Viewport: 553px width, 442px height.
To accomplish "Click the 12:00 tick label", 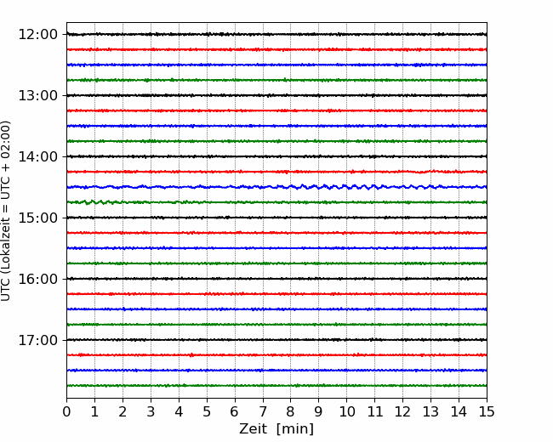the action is tap(37, 35).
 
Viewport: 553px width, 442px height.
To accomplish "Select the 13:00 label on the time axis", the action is tap(37, 95).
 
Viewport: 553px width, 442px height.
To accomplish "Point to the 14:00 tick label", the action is tap(37, 156).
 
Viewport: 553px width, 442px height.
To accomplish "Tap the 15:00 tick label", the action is tap(37, 218).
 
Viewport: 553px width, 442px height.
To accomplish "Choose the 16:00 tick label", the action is tap(37, 279).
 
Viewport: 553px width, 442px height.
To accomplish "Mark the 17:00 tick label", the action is tap(37, 340).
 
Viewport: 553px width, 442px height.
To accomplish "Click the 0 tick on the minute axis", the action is tap(66, 411).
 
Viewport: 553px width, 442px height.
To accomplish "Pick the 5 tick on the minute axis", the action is tap(207, 411).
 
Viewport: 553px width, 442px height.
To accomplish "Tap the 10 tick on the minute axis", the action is tap(346, 411).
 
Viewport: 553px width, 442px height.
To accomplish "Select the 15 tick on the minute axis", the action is tap(487, 411).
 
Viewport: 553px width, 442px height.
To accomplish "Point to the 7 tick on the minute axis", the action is tap(263, 411).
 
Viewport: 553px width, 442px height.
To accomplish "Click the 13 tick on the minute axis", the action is tap(430, 411).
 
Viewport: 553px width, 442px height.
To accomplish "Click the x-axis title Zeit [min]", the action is tap(276, 429).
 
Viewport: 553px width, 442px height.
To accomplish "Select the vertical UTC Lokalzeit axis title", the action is tap(6, 211).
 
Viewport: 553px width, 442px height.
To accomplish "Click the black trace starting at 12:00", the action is tap(276, 34).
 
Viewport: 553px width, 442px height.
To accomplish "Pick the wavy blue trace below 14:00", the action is tap(276, 187).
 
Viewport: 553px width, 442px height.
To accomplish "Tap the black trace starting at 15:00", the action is tap(276, 218).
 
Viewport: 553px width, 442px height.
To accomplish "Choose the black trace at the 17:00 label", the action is tap(276, 340).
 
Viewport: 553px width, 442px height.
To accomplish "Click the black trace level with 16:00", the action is tap(276, 279).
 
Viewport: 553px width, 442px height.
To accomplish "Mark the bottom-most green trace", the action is tap(276, 386).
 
